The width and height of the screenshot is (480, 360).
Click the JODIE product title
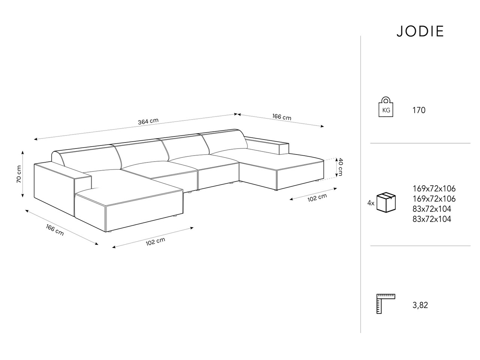[x=420, y=31]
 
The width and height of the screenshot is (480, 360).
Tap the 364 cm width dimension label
[x=148, y=121]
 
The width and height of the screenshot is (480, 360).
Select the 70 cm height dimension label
[x=19, y=174]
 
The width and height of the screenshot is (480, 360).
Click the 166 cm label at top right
[x=282, y=117]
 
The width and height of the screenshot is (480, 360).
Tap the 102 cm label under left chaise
[x=156, y=241]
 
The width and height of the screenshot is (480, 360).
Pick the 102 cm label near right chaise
[x=317, y=198]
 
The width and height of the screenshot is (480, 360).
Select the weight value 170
[x=419, y=110]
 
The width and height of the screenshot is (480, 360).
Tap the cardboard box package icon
[x=386, y=202]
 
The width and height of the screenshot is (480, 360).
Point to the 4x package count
[x=371, y=203]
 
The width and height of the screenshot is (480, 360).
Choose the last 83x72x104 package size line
[x=432, y=219]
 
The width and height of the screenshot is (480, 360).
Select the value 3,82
[x=420, y=305]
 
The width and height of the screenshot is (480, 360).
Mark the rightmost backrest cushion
[x=223, y=142]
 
